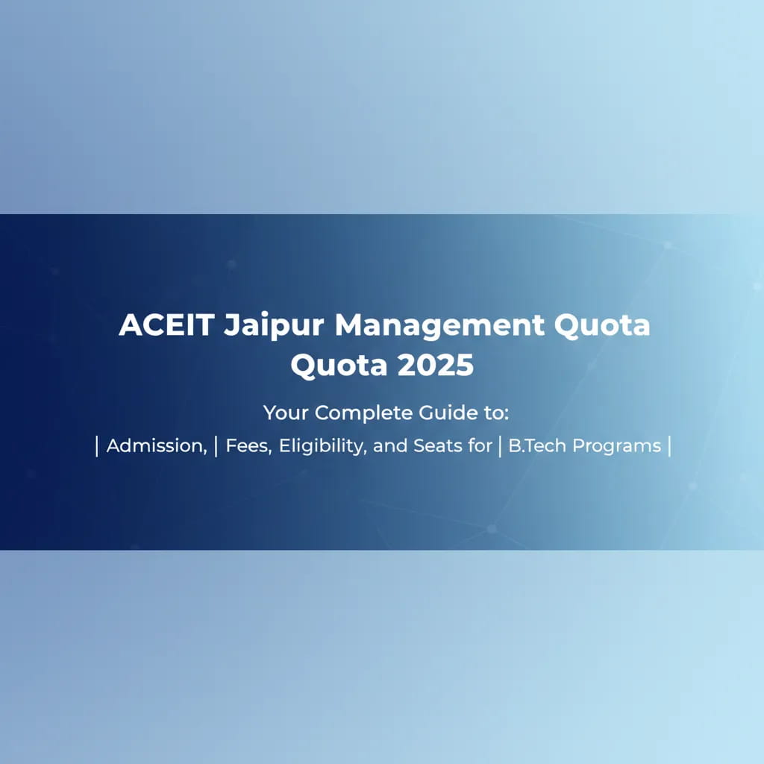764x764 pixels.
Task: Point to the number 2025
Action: (x=436, y=366)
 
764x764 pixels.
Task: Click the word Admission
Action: (x=155, y=446)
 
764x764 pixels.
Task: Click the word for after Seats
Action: (x=477, y=446)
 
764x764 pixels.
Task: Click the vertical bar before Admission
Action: (x=98, y=446)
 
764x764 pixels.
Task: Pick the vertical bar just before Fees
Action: (x=216, y=446)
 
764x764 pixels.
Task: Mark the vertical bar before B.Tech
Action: (x=499, y=446)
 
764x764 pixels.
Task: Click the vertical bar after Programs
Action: (x=670, y=446)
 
